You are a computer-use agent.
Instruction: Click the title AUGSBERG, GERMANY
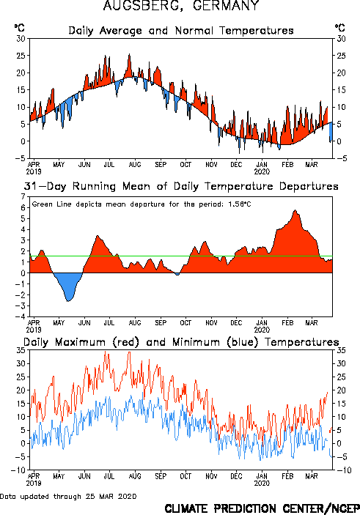(x=181, y=5)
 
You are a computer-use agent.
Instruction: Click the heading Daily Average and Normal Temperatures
(x=181, y=31)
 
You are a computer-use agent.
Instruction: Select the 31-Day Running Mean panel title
(x=181, y=186)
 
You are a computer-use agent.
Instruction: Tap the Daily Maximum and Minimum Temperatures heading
(x=181, y=342)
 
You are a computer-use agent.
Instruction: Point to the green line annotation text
(x=142, y=204)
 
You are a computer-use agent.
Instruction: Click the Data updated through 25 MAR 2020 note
(x=68, y=496)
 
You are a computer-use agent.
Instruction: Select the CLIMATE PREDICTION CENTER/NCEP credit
(x=262, y=508)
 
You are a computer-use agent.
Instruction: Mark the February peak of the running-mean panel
(x=295, y=210)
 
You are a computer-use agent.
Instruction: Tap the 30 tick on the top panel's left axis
(x=21, y=39)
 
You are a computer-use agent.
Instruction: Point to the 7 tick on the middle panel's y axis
(x=23, y=197)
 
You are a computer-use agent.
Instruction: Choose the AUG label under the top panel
(x=135, y=164)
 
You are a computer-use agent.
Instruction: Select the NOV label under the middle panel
(x=211, y=322)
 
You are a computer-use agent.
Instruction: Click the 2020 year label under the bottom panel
(x=262, y=483)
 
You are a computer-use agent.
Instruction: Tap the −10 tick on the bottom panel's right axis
(x=343, y=470)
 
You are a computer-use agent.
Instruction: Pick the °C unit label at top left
(x=19, y=28)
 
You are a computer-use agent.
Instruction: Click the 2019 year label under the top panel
(x=34, y=171)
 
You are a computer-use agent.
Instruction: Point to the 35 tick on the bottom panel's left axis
(x=21, y=350)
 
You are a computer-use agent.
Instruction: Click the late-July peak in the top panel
(x=129, y=54)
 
